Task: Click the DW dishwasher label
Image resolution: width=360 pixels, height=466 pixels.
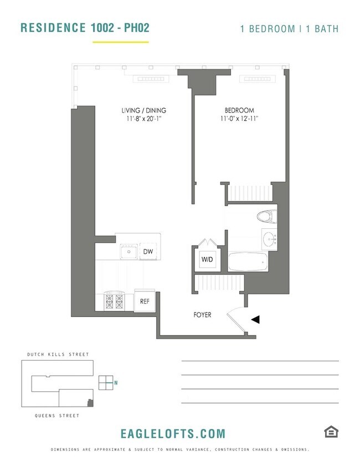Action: coord(148,252)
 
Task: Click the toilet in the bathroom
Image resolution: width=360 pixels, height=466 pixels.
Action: coord(266,217)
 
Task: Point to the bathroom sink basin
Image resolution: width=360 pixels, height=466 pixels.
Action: coord(270,240)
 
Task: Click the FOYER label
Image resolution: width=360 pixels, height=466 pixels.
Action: coord(202,315)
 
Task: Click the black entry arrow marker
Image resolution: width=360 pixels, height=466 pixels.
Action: coord(255,319)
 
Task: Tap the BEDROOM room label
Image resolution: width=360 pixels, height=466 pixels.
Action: coord(239,110)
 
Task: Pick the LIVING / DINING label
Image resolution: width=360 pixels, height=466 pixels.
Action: coord(144,110)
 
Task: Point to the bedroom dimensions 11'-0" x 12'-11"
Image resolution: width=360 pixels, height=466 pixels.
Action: coord(239,119)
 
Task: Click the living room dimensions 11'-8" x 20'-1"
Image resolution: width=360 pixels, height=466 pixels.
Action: coord(144,119)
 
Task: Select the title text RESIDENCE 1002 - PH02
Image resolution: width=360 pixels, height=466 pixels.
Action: coord(84,27)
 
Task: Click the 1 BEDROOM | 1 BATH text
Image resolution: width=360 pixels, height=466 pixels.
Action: coord(289,28)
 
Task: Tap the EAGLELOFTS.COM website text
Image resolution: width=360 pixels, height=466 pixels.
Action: coord(173,433)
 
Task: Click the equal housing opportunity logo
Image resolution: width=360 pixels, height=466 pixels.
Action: coord(330,432)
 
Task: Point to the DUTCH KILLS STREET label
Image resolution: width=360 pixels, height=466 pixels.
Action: coord(58,354)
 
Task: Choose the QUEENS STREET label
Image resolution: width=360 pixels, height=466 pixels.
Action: coord(58,415)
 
